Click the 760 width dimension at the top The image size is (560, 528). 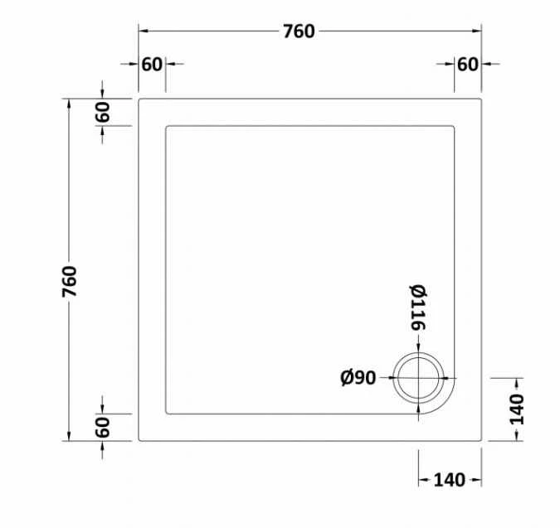[299, 31]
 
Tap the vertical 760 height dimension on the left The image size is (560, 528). [69, 281]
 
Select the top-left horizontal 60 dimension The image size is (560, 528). [152, 64]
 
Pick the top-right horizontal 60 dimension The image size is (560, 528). [468, 64]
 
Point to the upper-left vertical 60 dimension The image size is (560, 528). [102, 112]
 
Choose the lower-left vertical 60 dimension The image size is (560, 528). [102, 428]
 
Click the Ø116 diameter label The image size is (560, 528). [417, 308]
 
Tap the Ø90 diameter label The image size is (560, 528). [358, 378]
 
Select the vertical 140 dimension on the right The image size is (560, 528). [517, 409]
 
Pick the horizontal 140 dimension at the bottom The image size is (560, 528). [448, 479]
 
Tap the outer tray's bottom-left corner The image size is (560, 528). [139, 441]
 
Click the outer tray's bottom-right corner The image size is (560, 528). [481, 441]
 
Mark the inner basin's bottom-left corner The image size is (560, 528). [168, 413]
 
